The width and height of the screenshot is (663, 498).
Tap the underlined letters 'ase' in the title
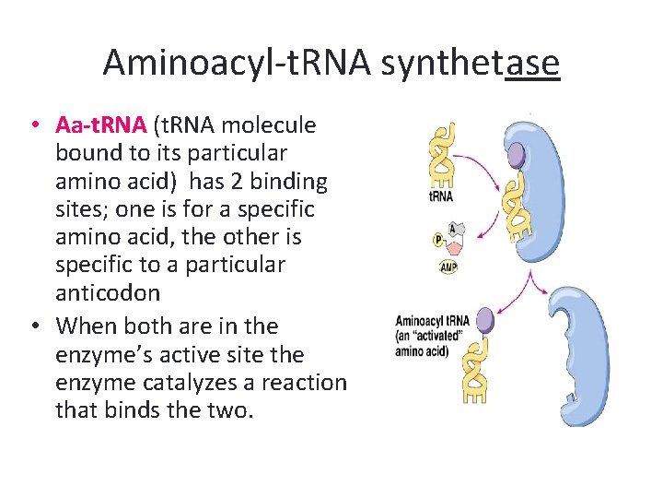[532, 63]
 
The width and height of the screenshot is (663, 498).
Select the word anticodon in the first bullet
[108, 293]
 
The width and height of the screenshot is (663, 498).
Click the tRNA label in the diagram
[441, 196]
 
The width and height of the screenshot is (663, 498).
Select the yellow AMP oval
[448, 267]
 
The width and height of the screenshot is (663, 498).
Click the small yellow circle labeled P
[438, 240]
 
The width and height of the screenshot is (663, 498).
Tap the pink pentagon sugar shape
[453, 244]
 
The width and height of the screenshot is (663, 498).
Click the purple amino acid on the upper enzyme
[517, 154]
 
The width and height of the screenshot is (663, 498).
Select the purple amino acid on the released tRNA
[484, 320]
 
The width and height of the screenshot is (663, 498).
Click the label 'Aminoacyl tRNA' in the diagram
[432, 321]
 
